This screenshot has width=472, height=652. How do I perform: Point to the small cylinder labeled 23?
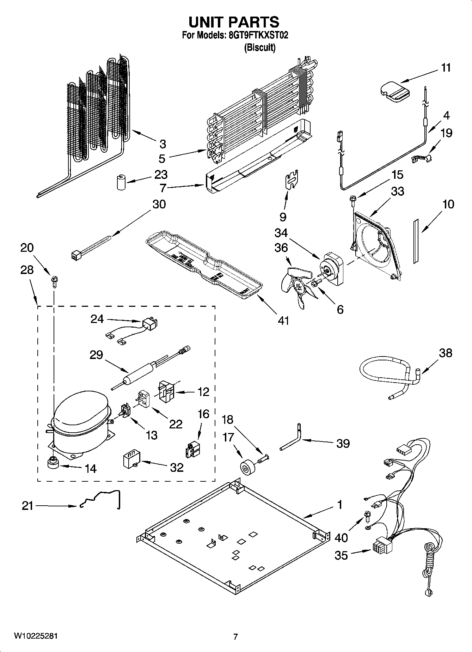click(x=122, y=182)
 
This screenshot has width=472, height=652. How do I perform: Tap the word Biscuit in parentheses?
click(x=260, y=48)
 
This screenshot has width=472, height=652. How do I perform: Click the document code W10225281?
click(x=36, y=636)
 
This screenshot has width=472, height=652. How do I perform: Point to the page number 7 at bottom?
click(x=235, y=636)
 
